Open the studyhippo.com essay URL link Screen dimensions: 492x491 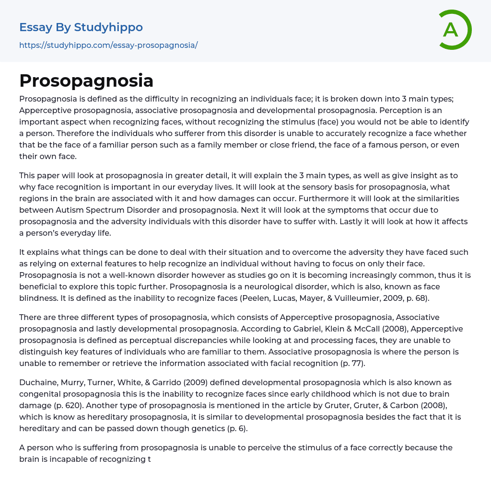[x=108, y=46]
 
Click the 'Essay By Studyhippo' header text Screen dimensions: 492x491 [x=81, y=27]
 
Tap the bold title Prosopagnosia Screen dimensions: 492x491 [x=86, y=81]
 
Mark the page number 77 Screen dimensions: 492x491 [x=356, y=363]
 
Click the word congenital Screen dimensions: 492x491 [x=40, y=394]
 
